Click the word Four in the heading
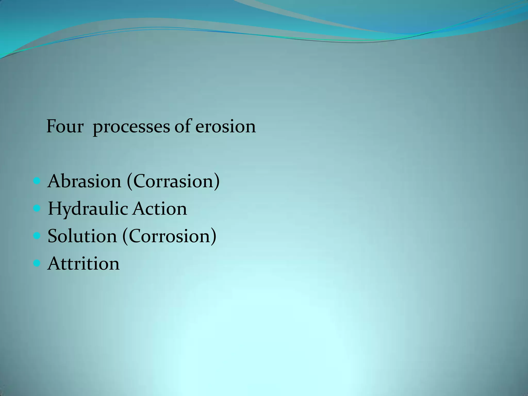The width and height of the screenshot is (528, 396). coord(65,127)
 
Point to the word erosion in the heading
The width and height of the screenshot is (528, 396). coord(225,127)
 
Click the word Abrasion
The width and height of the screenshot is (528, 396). coord(84,181)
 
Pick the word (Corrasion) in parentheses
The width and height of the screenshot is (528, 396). coord(173,181)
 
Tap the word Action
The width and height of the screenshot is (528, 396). coord(160,209)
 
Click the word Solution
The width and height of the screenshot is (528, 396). coord(82,236)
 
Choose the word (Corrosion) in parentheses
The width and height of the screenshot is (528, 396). coord(169,236)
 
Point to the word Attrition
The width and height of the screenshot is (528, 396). coord(84,264)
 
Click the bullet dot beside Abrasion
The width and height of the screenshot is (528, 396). coord(37,181)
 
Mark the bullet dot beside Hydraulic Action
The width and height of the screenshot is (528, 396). coord(37,208)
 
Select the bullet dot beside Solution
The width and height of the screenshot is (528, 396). coord(37,236)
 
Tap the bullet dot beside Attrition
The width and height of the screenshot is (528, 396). coord(37,263)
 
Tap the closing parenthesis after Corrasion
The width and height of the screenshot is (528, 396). coord(217,182)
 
